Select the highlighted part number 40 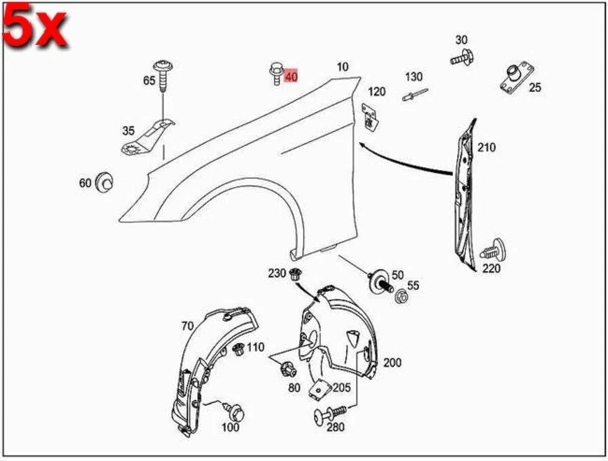(x=291, y=77)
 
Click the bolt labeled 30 (x=464, y=59)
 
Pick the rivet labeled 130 (x=414, y=95)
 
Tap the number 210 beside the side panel (x=486, y=148)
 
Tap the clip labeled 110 (x=239, y=348)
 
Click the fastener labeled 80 (x=284, y=367)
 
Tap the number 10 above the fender (x=342, y=66)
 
